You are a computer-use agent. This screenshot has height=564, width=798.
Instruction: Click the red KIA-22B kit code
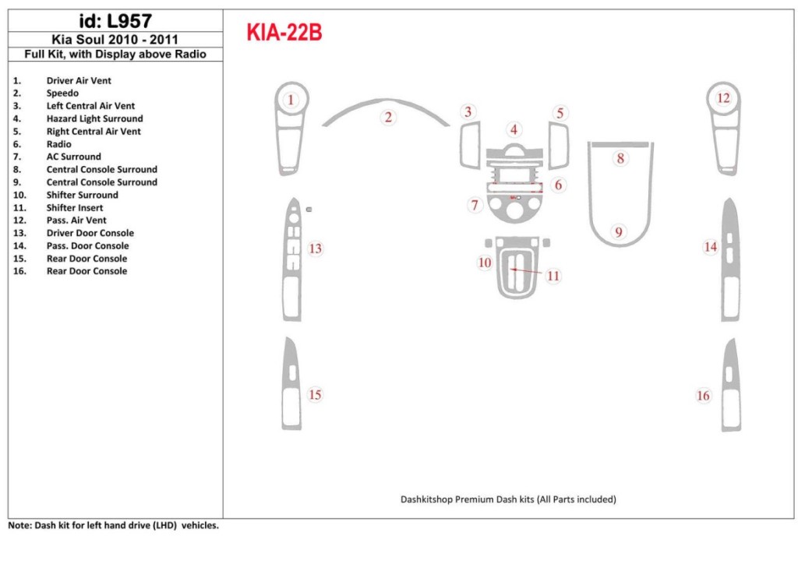click(284, 33)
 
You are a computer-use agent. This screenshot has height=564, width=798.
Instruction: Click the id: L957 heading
click(115, 21)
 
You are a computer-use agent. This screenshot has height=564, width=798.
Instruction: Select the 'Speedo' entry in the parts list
click(62, 93)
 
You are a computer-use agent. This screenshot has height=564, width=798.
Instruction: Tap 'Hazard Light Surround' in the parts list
click(94, 118)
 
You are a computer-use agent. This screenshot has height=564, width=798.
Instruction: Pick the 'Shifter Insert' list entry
click(75, 208)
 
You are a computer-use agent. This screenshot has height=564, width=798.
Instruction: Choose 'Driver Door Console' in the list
click(90, 233)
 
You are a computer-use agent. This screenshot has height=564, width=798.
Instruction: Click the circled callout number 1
click(291, 100)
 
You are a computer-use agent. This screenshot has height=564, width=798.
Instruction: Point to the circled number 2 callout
click(387, 118)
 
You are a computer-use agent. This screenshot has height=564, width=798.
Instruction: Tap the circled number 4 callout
click(514, 129)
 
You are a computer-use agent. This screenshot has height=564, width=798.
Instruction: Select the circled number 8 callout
click(620, 158)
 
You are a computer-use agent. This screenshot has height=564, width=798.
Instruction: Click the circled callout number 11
click(553, 276)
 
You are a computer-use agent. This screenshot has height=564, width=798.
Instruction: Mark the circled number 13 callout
click(315, 249)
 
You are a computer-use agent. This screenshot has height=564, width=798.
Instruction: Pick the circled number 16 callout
click(703, 396)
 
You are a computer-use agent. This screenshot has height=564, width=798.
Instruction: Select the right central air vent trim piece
click(558, 146)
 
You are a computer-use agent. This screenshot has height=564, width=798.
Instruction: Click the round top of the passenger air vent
click(723, 98)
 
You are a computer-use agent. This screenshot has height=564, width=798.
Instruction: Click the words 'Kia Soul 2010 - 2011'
click(115, 40)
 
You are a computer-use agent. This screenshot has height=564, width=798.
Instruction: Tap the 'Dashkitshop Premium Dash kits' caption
click(508, 499)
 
